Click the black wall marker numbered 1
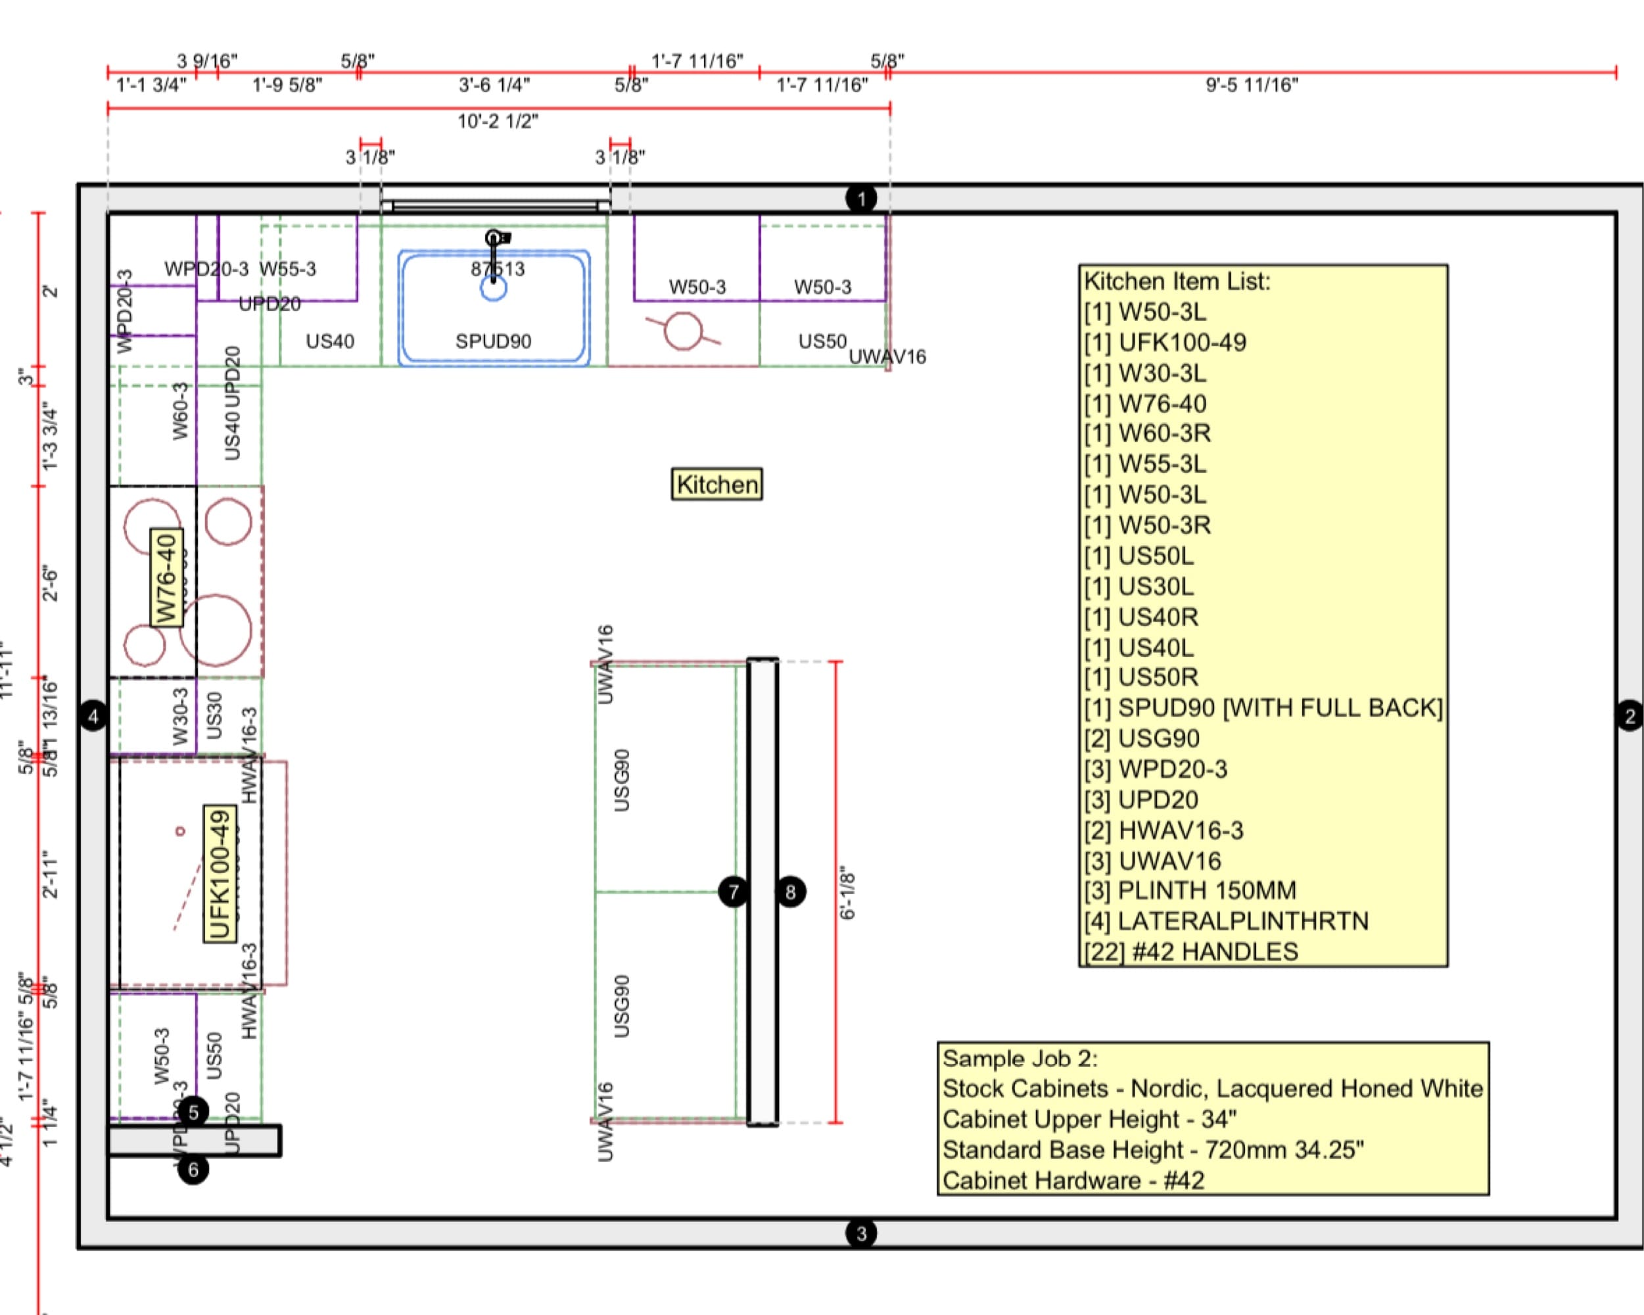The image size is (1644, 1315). tap(861, 199)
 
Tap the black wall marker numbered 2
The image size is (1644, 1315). tap(1630, 715)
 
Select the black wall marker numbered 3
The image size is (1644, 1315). tap(861, 1233)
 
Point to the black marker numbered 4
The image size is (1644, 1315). tap(93, 716)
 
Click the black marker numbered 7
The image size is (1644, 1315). tap(733, 892)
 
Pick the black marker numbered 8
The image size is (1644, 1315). tap(791, 892)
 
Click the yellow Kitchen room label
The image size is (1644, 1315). tap(716, 485)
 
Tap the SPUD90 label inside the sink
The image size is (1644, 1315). tap(494, 341)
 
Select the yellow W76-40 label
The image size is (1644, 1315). tap(166, 577)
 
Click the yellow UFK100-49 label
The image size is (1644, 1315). tap(220, 874)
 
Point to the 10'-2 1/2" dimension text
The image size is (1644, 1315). tap(497, 121)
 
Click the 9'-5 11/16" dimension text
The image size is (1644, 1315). tap(1252, 85)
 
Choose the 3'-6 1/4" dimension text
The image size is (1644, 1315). tap(494, 85)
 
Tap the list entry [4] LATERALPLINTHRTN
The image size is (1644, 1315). tap(1226, 921)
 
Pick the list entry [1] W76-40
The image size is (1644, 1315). tap(1145, 404)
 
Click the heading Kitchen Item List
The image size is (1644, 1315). tap(1177, 281)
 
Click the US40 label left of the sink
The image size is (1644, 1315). tap(330, 341)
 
